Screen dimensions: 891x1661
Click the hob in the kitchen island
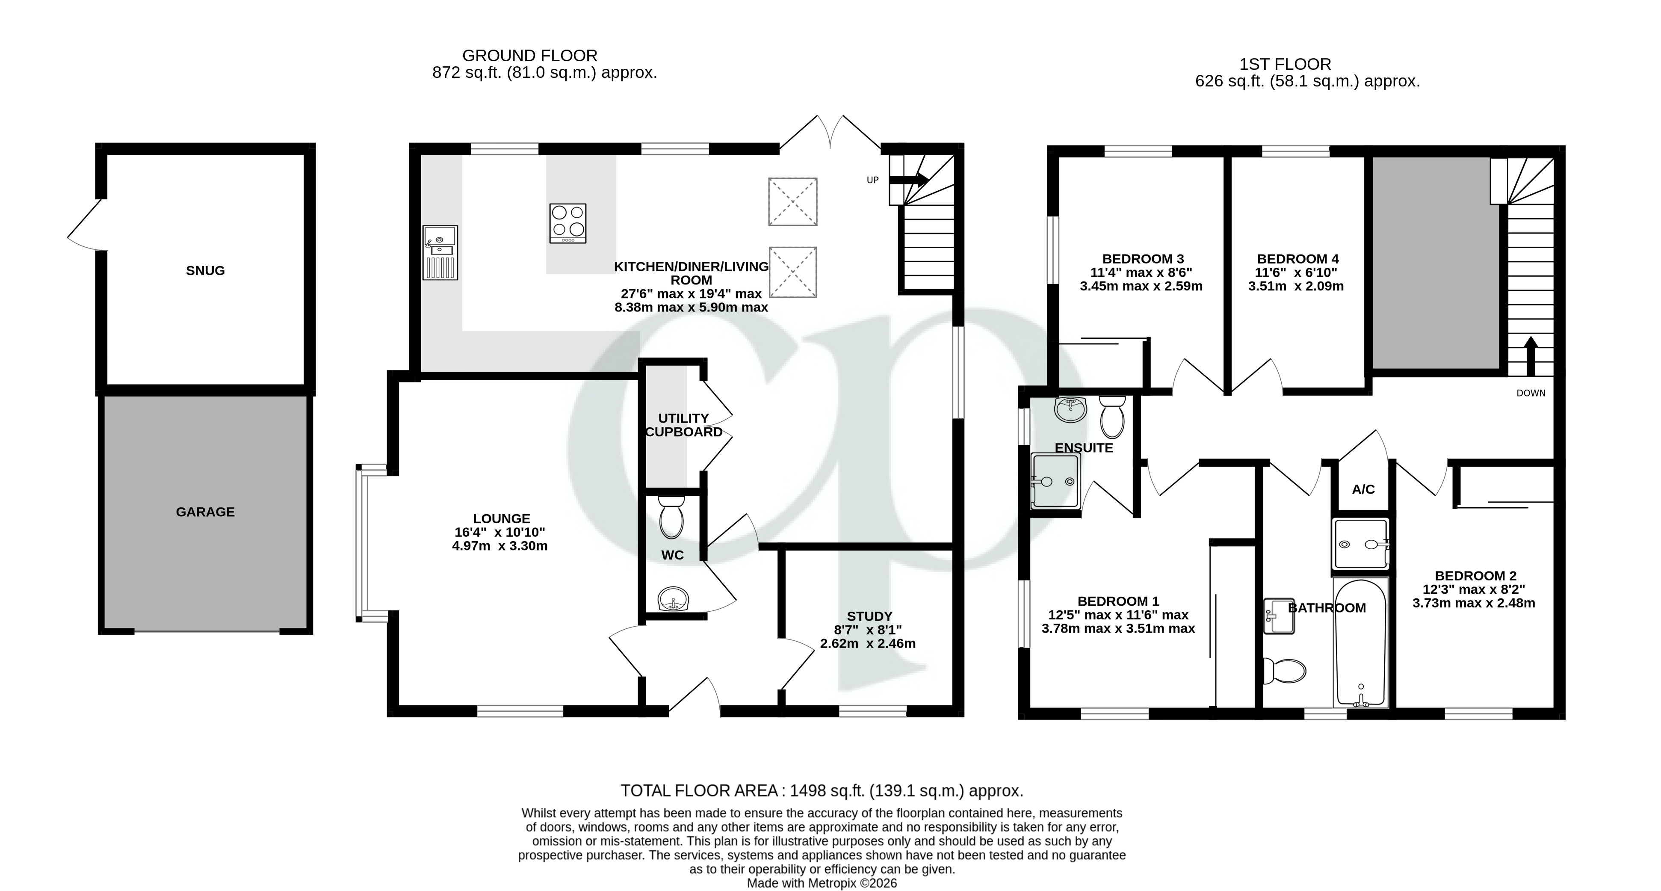coord(568,223)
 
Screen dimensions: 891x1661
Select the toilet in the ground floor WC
coord(671,517)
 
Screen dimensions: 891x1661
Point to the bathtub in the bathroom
coord(1360,643)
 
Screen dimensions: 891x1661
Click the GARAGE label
coord(205,512)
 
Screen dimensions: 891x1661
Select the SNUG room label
coord(205,271)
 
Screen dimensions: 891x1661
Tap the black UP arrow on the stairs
coord(909,180)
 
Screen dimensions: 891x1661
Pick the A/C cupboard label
coord(1363,489)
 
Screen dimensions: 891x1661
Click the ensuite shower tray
coord(1055,481)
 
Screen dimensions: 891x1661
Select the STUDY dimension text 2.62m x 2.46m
coord(867,643)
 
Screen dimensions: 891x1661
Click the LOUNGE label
coord(501,518)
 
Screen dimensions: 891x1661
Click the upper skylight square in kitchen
coord(792,202)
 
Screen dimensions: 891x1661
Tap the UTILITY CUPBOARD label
coord(683,425)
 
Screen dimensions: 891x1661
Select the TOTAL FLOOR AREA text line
coord(822,790)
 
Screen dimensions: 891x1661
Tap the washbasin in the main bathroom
coord(1279,616)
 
